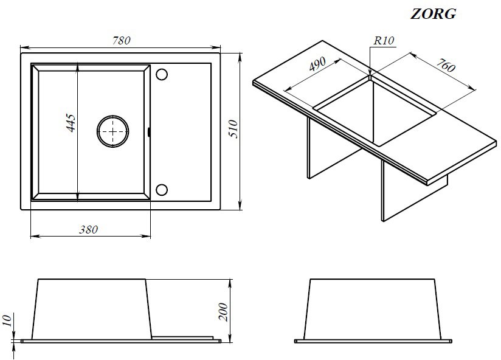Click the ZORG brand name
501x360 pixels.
tap(434, 14)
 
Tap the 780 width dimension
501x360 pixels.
tap(122, 41)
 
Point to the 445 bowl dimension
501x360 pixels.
tap(71, 123)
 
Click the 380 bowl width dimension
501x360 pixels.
tap(89, 229)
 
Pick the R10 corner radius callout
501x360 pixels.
tap(384, 41)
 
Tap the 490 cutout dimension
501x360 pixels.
tap(317, 64)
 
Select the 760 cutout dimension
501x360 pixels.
tap(446, 65)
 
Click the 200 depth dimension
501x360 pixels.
tap(224, 312)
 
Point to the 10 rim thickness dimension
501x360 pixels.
tap(7, 320)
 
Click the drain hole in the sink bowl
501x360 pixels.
tap(113, 131)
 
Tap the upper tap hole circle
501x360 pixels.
tap(162, 74)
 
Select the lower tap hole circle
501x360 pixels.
tap(162, 190)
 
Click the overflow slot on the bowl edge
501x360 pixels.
tap(149, 131)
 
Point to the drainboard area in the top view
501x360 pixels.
tap(181, 131)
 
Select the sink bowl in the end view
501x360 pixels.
tap(373, 309)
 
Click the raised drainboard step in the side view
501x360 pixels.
tap(182, 337)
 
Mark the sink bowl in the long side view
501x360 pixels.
tap(92, 309)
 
